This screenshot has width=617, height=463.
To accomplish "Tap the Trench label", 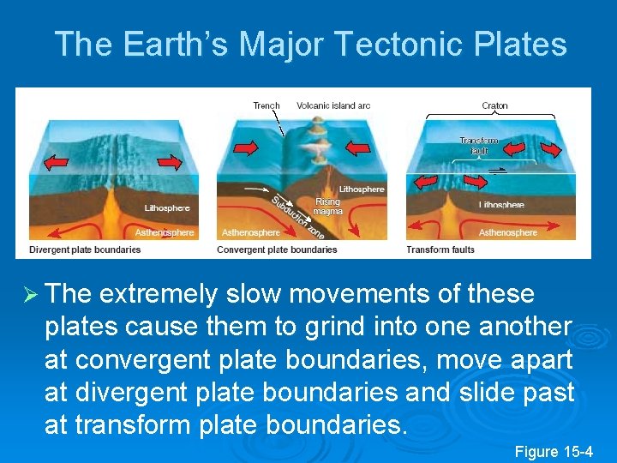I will (x=267, y=105).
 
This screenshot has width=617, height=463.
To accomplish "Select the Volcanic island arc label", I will (x=333, y=105).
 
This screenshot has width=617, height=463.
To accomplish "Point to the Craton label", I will (x=494, y=106).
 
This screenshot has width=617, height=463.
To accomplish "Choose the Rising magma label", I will (x=328, y=206).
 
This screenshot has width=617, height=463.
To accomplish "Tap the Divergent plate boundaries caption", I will (x=85, y=250).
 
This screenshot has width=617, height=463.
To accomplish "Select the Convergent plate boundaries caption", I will (x=277, y=250).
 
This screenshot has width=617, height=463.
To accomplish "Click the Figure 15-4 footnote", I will (x=554, y=451).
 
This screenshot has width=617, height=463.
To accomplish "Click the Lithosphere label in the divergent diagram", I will (x=166, y=207).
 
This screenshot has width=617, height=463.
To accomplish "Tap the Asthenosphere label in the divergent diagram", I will (x=165, y=232).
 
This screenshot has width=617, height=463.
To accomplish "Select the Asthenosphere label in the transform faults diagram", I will (x=508, y=232).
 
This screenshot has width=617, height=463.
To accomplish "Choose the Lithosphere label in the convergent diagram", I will (x=362, y=189).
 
